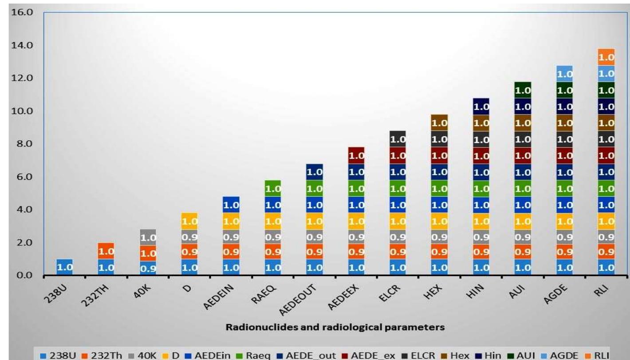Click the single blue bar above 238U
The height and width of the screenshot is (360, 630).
pos(65,267)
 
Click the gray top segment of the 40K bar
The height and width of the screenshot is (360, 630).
pos(148,237)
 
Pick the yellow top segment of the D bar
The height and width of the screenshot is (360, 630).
pos(190,221)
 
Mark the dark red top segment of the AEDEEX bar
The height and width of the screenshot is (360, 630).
pos(356,155)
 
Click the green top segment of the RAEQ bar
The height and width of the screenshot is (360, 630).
pos(273,188)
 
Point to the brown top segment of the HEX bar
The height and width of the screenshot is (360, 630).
pos(439,123)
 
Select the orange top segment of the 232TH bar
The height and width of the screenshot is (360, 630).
pos(106,251)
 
